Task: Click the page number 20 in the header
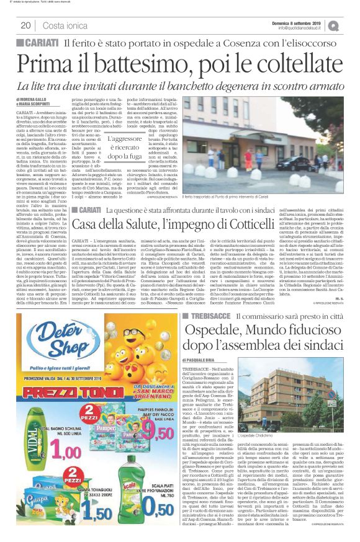26,25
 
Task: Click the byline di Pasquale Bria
205,360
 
